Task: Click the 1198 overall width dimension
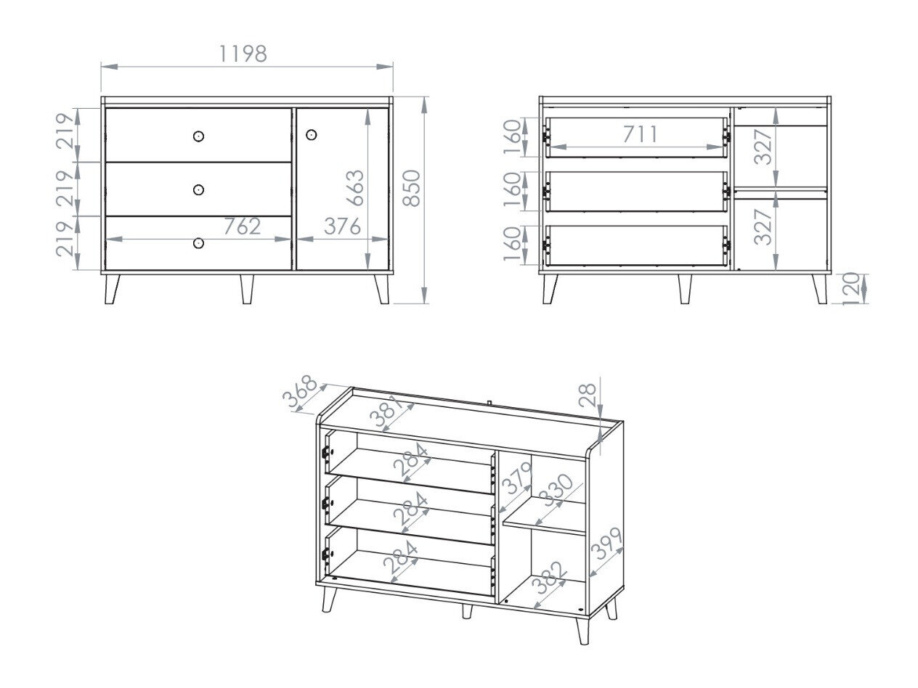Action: coord(243,54)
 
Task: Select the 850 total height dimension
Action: coord(412,188)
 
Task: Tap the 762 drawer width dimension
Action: coord(242,226)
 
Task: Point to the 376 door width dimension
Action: coord(341,226)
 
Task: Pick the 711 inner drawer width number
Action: coord(640,134)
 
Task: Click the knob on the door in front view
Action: coord(312,135)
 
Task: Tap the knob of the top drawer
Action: coord(199,136)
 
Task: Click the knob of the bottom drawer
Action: coord(199,243)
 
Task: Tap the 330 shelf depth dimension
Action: coord(557,495)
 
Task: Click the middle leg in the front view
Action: coord(247,289)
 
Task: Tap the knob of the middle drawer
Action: coord(199,189)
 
